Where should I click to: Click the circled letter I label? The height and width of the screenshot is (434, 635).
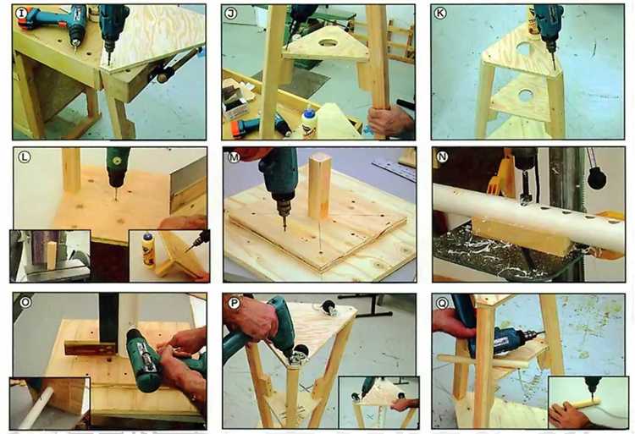tap(21, 14)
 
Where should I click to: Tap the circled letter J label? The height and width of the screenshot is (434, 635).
tap(230, 14)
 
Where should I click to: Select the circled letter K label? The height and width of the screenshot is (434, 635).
tap(439, 14)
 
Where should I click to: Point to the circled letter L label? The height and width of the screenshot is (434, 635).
tap(25, 157)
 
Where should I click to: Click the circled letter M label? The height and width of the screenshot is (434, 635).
tap(234, 157)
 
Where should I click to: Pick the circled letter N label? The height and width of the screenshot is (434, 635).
tap(442, 157)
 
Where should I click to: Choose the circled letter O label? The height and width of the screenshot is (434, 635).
tap(25, 302)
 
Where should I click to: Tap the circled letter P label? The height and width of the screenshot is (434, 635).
tap(234, 303)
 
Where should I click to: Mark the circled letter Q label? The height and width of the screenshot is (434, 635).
tap(442, 303)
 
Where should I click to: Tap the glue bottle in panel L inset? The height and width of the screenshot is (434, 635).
tap(148, 250)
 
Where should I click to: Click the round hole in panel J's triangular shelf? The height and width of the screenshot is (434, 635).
tap(329, 42)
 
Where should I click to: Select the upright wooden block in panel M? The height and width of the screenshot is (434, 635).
tap(319, 185)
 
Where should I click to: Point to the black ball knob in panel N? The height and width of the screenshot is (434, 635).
tap(597, 179)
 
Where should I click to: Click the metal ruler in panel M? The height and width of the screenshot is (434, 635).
tap(394, 170)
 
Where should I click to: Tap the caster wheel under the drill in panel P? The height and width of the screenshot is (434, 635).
tap(300, 354)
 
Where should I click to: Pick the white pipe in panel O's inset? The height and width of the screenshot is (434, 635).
tap(36, 408)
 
